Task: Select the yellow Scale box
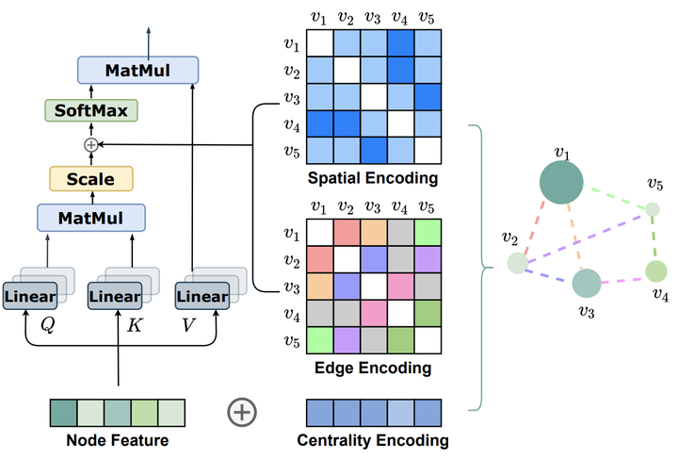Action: [91, 178]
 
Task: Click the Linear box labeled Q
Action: [30, 297]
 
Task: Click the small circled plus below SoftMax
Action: [91, 144]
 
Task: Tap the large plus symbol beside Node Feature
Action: [242, 412]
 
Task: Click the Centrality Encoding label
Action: [372, 440]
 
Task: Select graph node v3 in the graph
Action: [586, 283]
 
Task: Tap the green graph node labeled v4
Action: [656, 271]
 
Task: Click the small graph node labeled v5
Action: [652, 208]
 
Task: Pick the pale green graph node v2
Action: [515, 263]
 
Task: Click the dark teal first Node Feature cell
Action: [63, 412]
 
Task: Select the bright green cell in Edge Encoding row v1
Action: [427, 230]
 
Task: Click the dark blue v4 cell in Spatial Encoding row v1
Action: [399, 42]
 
